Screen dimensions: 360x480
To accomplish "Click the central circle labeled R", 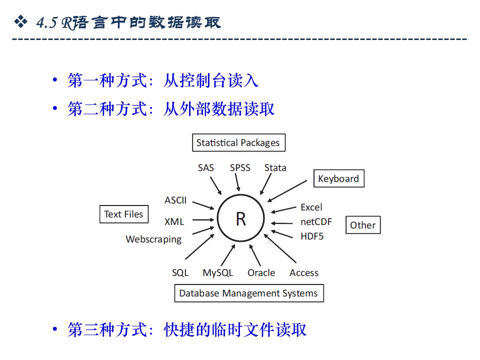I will pos(240,219).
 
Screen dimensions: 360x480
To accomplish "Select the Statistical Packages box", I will pos(238,143).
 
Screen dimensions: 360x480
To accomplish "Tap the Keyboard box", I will pos(338,178).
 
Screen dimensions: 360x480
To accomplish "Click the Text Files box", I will pos(123,214).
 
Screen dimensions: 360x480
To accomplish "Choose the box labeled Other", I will pos(362,225).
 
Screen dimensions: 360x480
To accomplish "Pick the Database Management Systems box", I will pos(248,293).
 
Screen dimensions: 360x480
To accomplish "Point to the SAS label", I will pos(205,168).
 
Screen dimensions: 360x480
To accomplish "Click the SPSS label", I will pos(240,168).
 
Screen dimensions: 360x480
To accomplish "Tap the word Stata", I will pos(275,168).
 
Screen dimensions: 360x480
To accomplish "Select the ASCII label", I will pos(175,200).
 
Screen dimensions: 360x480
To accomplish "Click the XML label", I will pos(174,221).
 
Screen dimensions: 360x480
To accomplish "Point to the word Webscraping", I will pos(153,239).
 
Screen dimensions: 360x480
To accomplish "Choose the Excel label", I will pos(311,207).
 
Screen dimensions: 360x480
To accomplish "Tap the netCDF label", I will pos(316,221).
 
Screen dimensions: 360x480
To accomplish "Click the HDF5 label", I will pos(312,236).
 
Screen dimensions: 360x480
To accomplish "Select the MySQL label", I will pos(217,273).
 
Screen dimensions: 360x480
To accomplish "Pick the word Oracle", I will pos(261,273).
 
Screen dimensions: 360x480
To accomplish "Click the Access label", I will pos(304,273).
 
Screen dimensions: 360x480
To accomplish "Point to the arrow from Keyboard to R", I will pos(287,190).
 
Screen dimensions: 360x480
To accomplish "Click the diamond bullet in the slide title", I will pos(20,21).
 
